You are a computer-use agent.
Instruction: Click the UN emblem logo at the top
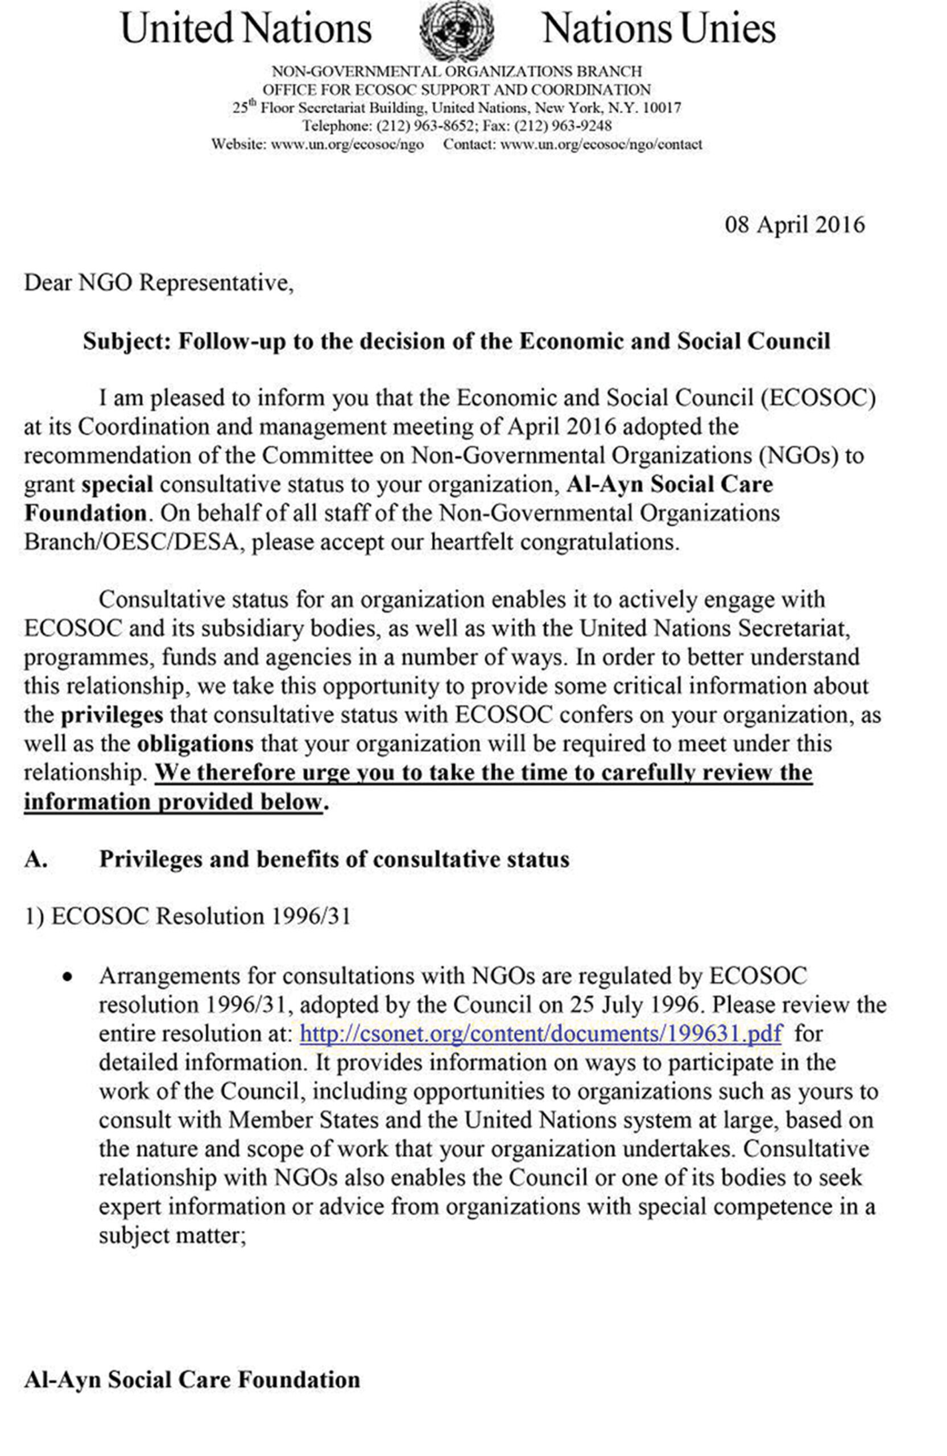(x=456, y=30)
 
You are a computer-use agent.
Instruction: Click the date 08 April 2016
(x=794, y=225)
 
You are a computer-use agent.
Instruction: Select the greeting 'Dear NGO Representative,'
(x=159, y=283)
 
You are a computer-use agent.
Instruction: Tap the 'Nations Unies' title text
(x=658, y=29)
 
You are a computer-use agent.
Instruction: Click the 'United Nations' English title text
(x=246, y=29)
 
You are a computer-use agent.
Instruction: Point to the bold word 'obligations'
(x=195, y=744)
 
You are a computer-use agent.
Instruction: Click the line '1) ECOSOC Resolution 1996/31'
(x=187, y=916)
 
